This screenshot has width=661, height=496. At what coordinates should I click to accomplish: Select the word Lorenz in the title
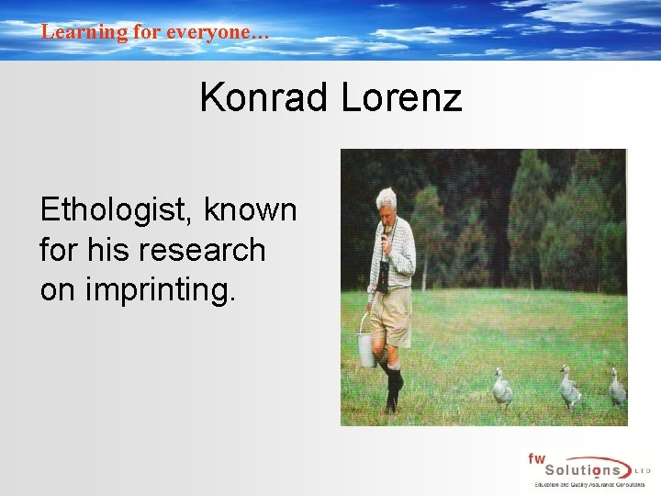tap(401, 97)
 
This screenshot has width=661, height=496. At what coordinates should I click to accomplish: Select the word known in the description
tap(251, 210)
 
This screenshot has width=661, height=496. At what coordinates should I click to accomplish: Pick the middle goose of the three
tap(569, 389)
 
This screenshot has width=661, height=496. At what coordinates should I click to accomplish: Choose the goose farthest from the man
tap(618, 389)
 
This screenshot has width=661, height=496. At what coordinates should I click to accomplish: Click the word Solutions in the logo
tap(588, 469)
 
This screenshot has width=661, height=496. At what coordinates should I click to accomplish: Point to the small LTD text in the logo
tap(644, 469)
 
